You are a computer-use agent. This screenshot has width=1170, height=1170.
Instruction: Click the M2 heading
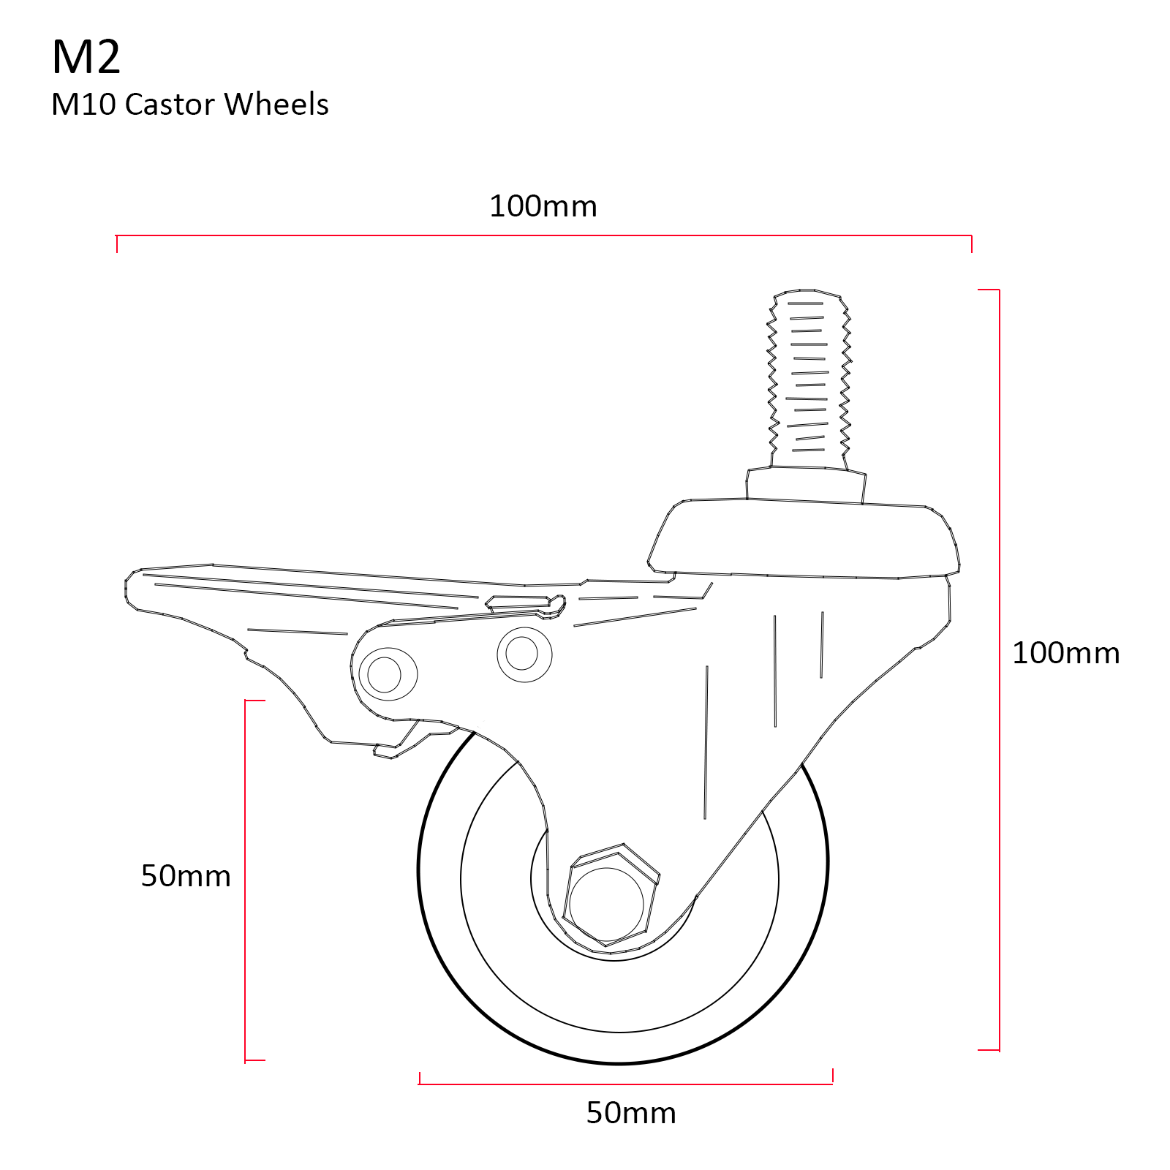point(86,57)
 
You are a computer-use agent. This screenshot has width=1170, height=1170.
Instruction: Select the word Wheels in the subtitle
point(276,105)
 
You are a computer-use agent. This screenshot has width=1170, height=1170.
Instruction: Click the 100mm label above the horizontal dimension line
point(543,207)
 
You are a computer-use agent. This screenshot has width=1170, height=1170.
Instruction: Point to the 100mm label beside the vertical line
point(1065,653)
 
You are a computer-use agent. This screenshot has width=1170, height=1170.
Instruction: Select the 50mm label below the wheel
point(630,1113)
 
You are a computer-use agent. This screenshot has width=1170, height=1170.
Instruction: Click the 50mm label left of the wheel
point(186,875)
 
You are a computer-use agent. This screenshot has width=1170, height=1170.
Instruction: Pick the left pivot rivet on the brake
point(385,673)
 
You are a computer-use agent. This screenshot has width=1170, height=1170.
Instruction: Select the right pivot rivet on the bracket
point(523,653)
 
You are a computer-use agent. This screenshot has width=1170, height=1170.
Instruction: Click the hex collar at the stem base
point(806,484)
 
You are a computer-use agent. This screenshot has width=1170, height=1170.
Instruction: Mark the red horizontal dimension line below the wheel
point(626,1084)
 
